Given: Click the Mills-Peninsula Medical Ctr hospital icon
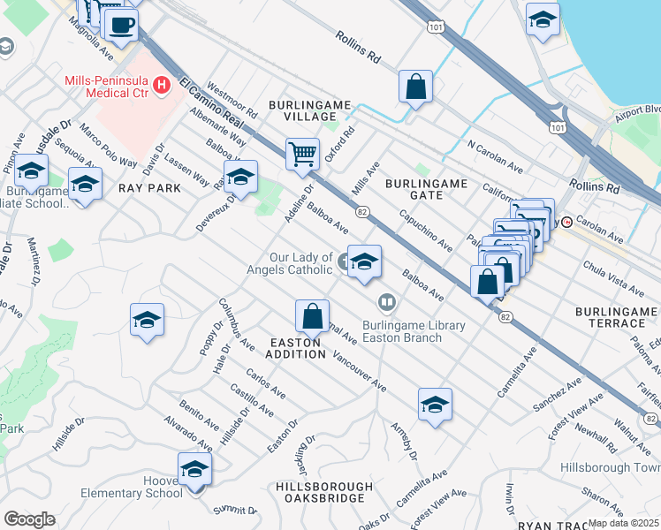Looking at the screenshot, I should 162,85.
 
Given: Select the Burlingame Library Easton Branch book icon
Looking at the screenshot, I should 386,303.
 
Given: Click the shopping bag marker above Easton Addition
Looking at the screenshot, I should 312,315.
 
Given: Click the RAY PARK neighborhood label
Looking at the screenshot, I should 149,188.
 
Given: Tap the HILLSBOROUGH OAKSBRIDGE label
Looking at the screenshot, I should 323,493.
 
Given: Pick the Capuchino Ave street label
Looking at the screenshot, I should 426,228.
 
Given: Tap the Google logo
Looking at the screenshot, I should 29,519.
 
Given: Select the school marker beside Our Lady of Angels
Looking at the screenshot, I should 364,261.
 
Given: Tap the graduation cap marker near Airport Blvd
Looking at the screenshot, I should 543,19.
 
